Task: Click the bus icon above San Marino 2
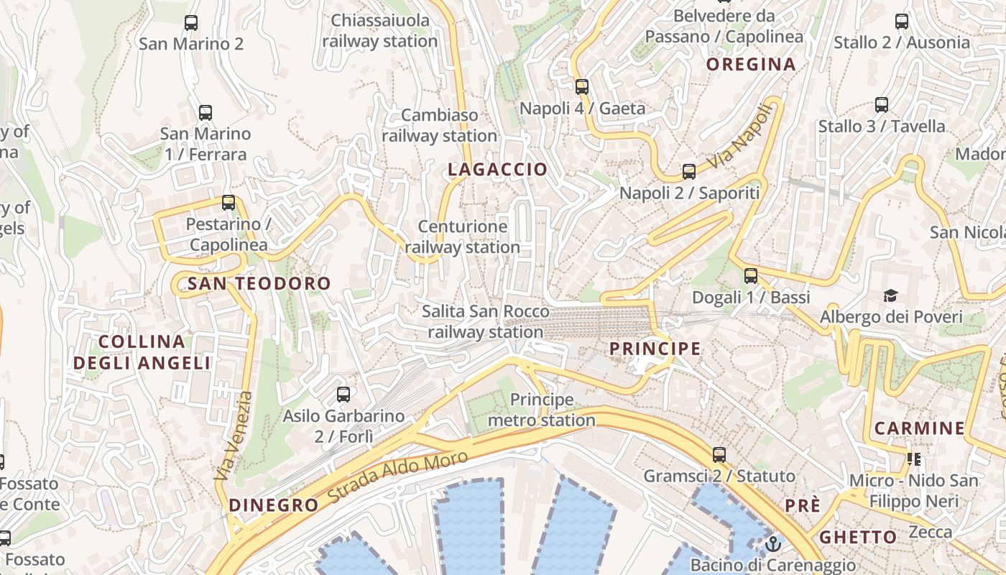click(190, 22)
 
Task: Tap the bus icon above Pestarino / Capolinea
click(229, 203)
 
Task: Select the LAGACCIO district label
click(497, 170)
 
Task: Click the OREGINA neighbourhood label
click(751, 65)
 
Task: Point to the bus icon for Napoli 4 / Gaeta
click(582, 87)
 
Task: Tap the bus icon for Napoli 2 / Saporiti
click(689, 172)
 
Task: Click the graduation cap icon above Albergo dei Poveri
click(891, 295)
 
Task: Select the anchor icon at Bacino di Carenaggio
click(772, 543)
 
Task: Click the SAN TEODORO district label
click(259, 283)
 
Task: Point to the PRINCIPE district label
click(655, 349)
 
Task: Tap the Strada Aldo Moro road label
click(397, 477)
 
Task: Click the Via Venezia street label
click(234, 436)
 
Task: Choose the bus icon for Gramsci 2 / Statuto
click(719, 454)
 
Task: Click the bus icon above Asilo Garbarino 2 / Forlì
click(343, 394)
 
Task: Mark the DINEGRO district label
click(273, 505)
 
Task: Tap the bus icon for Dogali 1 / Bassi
click(751, 275)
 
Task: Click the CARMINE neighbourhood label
click(919, 429)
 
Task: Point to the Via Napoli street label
click(743, 136)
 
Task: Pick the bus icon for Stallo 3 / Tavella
click(882, 105)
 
